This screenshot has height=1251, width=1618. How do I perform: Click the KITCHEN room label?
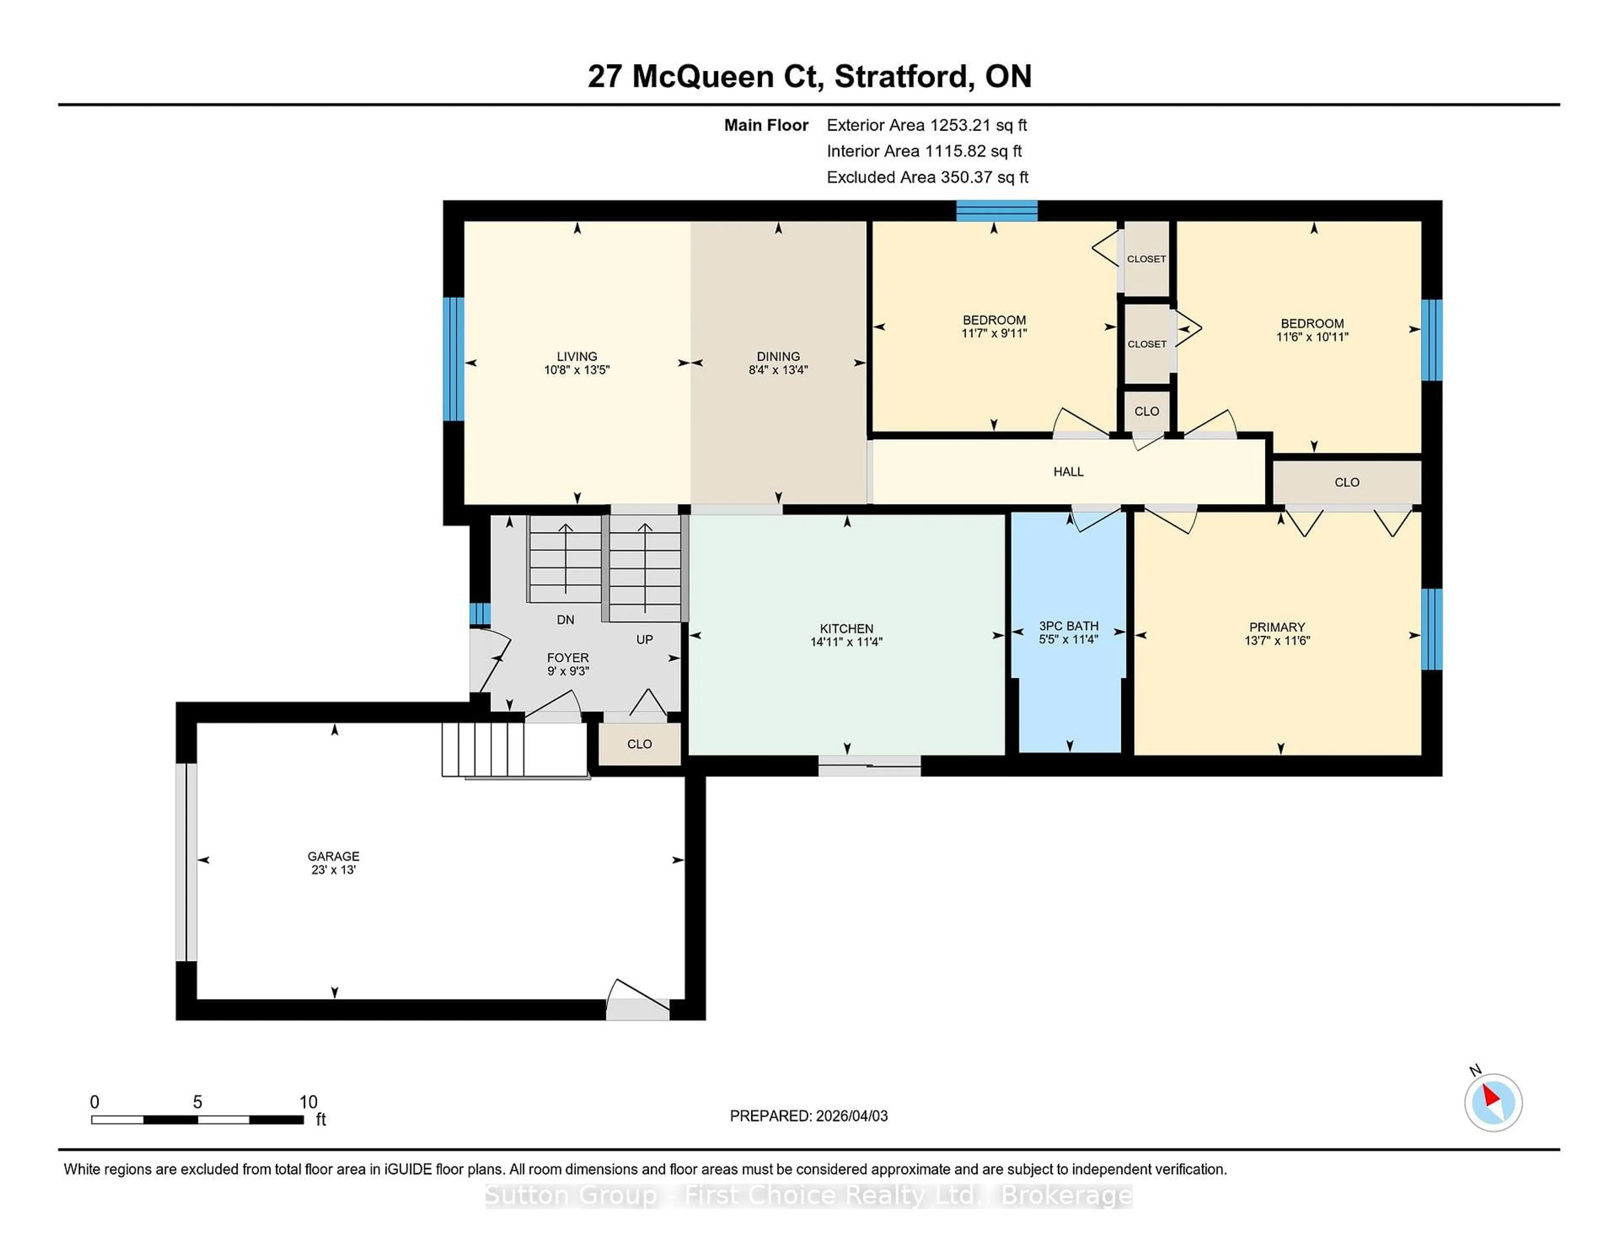(x=846, y=628)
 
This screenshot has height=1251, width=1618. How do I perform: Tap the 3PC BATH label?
(x=1068, y=626)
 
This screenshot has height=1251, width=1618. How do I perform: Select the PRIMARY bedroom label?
(x=1276, y=627)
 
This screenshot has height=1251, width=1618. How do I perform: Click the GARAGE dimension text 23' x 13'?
(x=333, y=870)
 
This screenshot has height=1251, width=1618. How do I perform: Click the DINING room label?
(x=778, y=357)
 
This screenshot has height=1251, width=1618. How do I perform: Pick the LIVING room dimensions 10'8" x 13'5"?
(x=576, y=370)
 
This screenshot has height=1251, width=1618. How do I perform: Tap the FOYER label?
(x=568, y=658)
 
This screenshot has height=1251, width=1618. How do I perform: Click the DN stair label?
(x=565, y=620)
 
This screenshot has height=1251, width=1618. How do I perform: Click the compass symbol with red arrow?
(x=1493, y=1103)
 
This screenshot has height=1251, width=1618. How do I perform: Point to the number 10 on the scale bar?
(x=308, y=1102)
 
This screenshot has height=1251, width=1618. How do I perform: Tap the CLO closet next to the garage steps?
(x=639, y=744)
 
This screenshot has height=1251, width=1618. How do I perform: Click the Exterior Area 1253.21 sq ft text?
(x=926, y=125)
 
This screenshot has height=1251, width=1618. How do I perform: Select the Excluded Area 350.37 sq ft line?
(x=927, y=177)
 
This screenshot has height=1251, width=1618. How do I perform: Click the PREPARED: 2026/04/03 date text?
(x=808, y=1116)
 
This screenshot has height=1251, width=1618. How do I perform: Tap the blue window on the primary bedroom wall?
(x=1431, y=629)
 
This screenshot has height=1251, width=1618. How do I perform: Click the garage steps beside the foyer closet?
(x=483, y=749)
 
